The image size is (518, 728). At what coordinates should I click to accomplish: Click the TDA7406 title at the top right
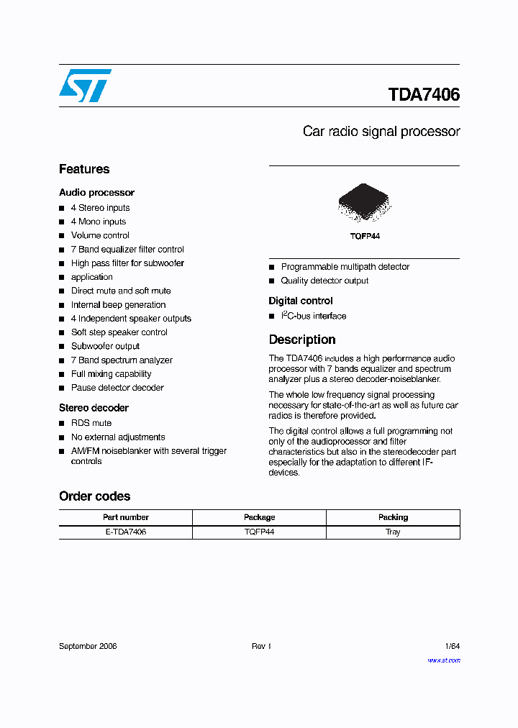pos(424,95)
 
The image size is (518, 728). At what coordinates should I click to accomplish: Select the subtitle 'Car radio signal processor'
pos(381,132)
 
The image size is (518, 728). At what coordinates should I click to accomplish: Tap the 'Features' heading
pos(84,169)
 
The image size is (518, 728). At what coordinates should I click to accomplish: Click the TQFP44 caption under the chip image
pos(364,236)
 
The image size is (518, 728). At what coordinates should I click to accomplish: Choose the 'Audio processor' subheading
pos(96,193)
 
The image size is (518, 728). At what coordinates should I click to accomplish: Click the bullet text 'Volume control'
pos(100,235)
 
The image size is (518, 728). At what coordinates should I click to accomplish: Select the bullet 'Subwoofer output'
pos(105,346)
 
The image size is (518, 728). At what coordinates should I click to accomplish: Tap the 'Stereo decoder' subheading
pos(94,408)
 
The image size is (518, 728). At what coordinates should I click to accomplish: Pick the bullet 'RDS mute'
pos(91,423)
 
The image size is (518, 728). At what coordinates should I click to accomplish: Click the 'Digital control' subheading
pos(301,301)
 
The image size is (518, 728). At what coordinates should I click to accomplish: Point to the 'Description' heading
pos(302,340)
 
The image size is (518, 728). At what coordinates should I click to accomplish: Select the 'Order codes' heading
pos(94,496)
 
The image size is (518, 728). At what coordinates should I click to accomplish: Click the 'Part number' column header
pos(125,517)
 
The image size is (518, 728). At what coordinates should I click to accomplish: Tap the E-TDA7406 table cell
pos(125,532)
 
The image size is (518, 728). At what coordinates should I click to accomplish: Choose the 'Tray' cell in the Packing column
pos(393,532)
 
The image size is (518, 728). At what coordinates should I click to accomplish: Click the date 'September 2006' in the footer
pos(88,646)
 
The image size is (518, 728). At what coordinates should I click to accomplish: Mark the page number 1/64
pos(453,646)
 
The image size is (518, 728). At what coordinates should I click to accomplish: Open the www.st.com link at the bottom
pos(444,660)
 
